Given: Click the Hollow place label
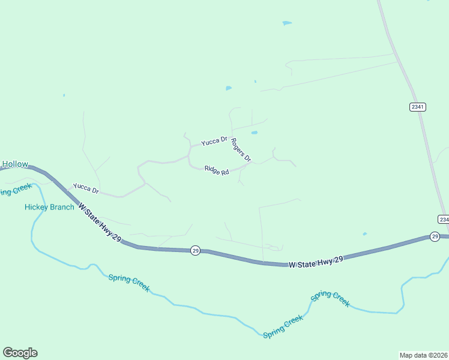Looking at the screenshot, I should (14, 164).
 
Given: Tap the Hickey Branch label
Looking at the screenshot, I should (49, 207).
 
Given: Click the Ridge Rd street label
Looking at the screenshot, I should (217, 170).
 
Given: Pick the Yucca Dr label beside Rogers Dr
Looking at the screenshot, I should (214, 141).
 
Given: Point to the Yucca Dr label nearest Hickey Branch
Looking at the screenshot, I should (86, 188).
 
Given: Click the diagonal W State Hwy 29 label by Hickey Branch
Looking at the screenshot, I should (100, 223).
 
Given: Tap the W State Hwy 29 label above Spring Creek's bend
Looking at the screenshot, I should (316, 262).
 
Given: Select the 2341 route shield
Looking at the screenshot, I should (418, 107).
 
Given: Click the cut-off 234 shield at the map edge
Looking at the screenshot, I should (443, 220).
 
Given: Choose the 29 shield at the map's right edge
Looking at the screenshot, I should (435, 237).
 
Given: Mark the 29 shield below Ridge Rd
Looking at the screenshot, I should (195, 250).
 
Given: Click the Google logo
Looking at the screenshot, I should (20, 353).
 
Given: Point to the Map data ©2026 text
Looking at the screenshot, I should (423, 355).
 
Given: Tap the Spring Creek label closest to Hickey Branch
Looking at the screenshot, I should (129, 282).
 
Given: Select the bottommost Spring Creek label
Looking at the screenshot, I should (283, 326).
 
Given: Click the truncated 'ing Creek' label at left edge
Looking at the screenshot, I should (15, 190).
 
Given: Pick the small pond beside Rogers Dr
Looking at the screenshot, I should (255, 133).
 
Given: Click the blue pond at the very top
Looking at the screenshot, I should (287, 23).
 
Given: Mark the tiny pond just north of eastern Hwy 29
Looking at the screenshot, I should (365, 234).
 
